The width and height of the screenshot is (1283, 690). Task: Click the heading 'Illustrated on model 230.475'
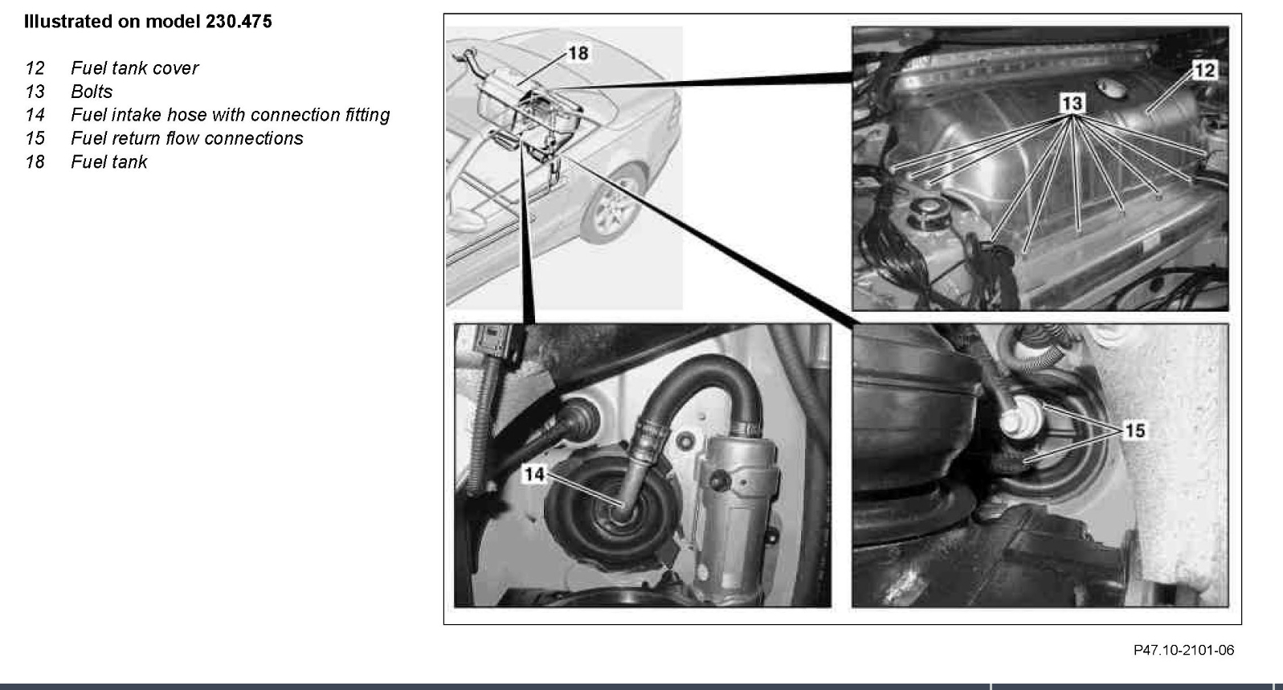pyautogui.click(x=148, y=22)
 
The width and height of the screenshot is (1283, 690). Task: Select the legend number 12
pyautogui.click(x=35, y=68)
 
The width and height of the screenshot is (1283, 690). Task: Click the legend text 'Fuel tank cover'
pyautogui.click(x=134, y=68)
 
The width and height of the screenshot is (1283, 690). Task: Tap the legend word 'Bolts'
pyautogui.click(x=92, y=92)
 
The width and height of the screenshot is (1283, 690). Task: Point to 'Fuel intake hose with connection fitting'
pyautogui.click(x=230, y=115)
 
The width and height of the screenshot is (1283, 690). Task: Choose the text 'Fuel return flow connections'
pyautogui.click(x=186, y=138)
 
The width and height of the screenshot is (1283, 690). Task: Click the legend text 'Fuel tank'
pyautogui.click(x=108, y=162)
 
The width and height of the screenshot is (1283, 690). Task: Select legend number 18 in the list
pyautogui.click(x=35, y=162)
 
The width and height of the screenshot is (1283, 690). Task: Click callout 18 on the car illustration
pyautogui.click(x=578, y=53)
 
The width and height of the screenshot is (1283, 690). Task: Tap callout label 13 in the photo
pyautogui.click(x=1072, y=103)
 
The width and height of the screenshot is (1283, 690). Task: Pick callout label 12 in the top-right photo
pyautogui.click(x=1204, y=71)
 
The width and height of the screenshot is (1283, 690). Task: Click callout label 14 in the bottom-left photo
pyautogui.click(x=534, y=474)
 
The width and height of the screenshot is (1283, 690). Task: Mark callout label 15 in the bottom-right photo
pyautogui.click(x=1134, y=431)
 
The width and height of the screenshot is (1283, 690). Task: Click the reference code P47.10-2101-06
pyautogui.click(x=1183, y=650)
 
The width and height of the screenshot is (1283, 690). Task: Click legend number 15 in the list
pyautogui.click(x=35, y=138)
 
